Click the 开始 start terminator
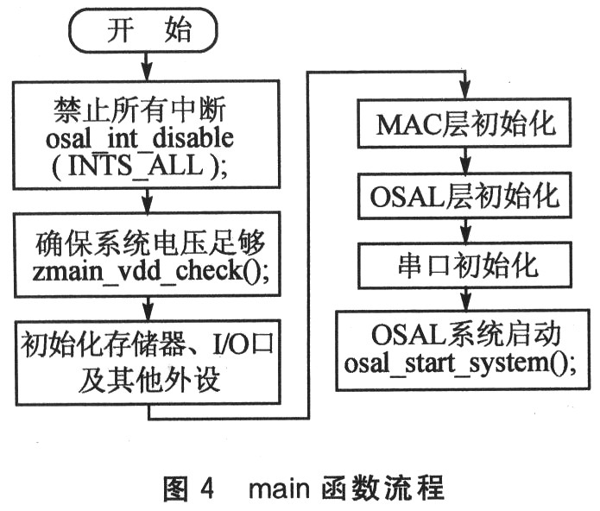coord(143,30)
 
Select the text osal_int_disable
coord(140,138)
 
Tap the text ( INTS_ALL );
coord(140,166)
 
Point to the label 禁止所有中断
coord(140,110)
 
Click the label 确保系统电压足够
coord(150,243)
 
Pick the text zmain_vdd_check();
coord(150,271)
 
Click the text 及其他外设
coord(149,380)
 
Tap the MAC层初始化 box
coord(464,123)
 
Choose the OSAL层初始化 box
coord(464,196)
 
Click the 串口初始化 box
coord(465,266)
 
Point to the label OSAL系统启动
coord(465,335)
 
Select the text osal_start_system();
coord(460,363)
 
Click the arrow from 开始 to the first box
coord(147,66)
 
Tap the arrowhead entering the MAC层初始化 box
coord(465,91)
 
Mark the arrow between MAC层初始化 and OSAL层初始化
coord(465,161)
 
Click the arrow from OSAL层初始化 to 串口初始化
coord(465,230)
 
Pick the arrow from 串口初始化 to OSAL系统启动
coord(465,300)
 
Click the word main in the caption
coord(279,489)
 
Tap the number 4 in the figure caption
coord(206,488)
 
